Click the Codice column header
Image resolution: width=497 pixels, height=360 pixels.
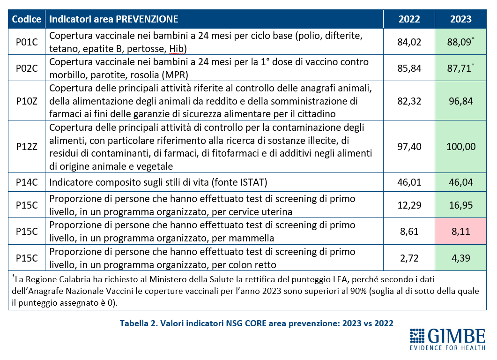(27, 19)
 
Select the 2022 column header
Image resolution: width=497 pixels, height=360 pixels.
(409, 19)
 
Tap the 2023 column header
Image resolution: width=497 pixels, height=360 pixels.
(461, 19)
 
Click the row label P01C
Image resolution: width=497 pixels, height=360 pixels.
(27, 42)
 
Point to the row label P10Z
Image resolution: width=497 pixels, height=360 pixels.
(27, 101)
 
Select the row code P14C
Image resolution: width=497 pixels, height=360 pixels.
(27, 182)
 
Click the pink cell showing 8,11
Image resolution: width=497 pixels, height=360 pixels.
(461, 231)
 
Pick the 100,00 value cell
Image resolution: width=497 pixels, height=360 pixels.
(461, 147)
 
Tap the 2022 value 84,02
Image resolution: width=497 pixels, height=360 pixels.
(409, 42)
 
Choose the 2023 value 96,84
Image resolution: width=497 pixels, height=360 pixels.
(461, 101)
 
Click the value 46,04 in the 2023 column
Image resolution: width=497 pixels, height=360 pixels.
(461, 182)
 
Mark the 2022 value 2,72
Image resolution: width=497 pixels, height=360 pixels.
(409, 258)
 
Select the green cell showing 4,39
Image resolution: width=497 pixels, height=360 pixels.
(461, 258)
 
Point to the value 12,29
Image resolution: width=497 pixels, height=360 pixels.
(409, 205)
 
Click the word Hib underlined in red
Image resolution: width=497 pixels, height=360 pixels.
(176, 49)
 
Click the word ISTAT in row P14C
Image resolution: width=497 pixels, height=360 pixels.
(252, 182)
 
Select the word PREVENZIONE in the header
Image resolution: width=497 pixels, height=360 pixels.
(147, 19)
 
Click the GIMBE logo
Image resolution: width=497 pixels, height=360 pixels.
(447, 339)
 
